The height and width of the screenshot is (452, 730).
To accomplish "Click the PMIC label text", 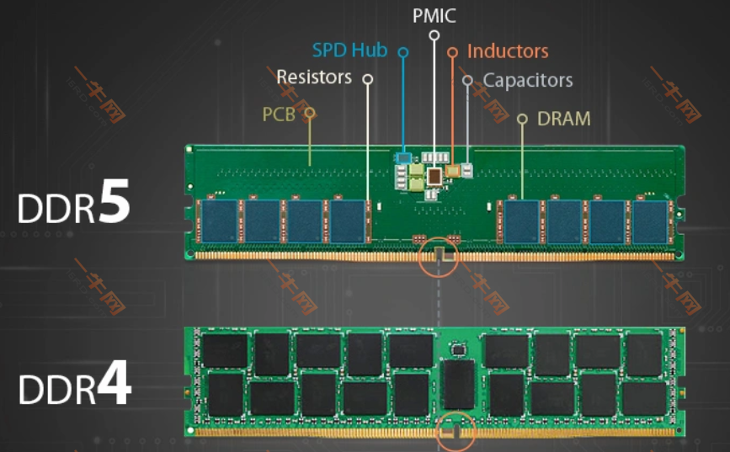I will coord(434,15).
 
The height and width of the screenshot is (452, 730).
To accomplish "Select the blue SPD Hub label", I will coord(349,51).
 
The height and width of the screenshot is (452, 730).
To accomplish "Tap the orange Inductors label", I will coord(508,51).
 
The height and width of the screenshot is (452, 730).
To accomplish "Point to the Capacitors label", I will coord(528,81).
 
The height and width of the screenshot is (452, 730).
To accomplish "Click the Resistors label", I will coord(314,77).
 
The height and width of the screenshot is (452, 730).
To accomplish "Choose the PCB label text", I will coord(279,114).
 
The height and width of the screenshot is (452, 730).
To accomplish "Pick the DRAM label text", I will coord(563,119).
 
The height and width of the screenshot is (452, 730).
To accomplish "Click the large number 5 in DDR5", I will coord(113,202).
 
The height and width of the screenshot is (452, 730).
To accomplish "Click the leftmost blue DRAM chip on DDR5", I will coord(221,221).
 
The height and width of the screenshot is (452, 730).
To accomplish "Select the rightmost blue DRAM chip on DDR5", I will coord(649,221).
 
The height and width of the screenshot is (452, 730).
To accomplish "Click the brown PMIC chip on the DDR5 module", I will coord(435,176).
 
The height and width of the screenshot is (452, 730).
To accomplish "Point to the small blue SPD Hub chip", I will coord(404,157).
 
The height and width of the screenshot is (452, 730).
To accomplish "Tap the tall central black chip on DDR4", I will coord(459,384).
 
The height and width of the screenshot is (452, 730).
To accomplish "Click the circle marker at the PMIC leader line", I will coord(434,35).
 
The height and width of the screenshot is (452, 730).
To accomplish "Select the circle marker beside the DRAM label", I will coord(522,120).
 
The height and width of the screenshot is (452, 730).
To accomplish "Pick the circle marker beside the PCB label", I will coord(310,112).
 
